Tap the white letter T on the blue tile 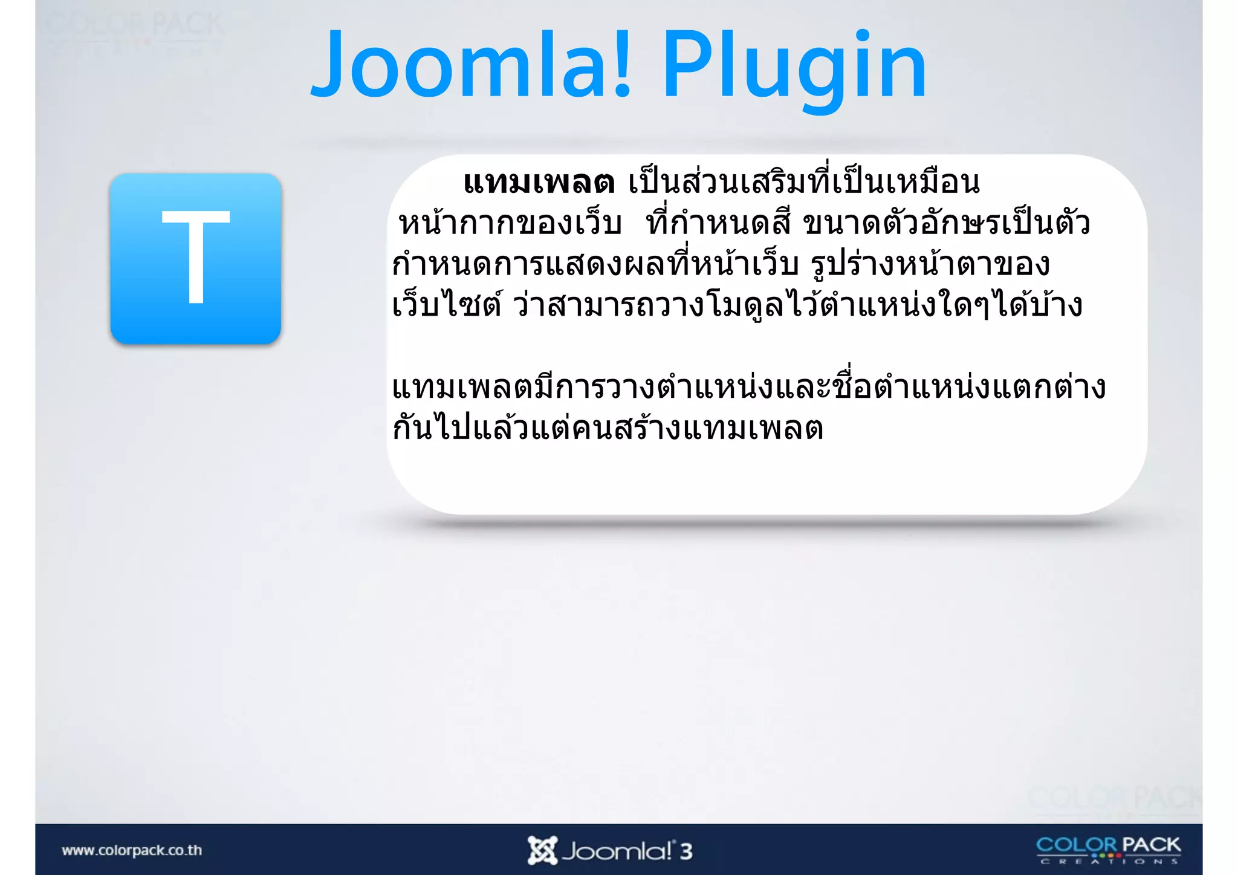point(195,257)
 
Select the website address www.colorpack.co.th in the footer point(132,850)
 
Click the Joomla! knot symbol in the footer point(542,850)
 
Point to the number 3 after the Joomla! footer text point(685,851)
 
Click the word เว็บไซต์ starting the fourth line point(446,305)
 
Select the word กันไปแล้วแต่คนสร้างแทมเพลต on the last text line point(608,428)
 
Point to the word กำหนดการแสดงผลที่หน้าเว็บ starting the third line point(595,265)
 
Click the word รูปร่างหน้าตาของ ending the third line point(930,265)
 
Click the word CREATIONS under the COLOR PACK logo point(1109,861)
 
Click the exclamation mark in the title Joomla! point(622,65)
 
